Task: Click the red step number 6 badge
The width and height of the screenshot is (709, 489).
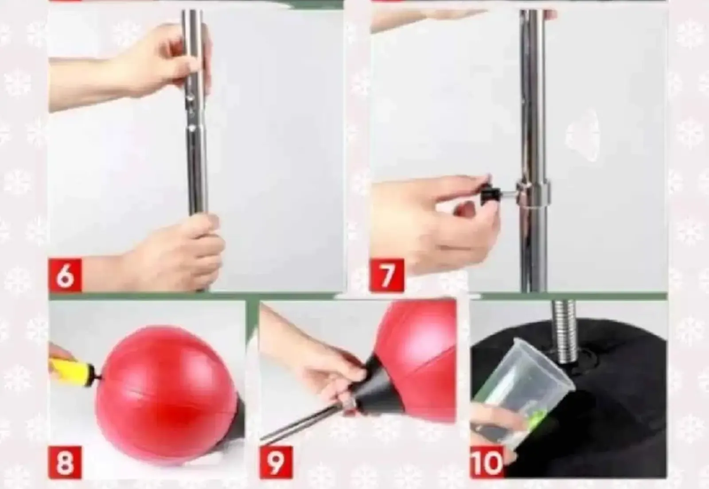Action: coord(65,275)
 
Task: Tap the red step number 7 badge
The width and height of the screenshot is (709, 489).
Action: coord(387,275)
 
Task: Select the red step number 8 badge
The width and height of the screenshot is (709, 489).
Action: coord(65,462)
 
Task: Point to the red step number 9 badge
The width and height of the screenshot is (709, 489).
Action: coord(277,462)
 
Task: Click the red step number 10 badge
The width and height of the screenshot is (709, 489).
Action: coord(487,462)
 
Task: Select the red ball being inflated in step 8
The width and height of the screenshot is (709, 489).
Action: coord(166,394)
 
